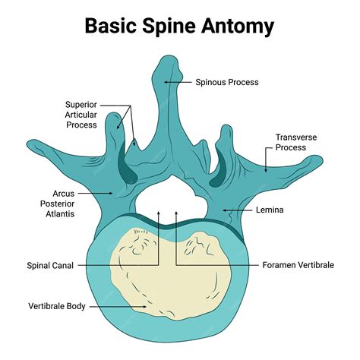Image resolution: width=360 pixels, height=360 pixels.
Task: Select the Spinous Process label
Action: (227, 82)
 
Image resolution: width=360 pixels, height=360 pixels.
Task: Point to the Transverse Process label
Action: (295, 143)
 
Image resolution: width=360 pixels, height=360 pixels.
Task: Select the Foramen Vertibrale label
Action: (298, 265)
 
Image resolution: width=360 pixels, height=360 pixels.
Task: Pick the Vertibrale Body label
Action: (56, 307)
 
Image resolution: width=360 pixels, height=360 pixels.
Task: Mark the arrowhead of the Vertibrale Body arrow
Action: (147, 307)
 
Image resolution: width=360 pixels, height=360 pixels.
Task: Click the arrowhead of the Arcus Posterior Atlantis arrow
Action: (115, 193)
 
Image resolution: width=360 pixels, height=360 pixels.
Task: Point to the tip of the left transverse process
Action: (30, 143)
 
